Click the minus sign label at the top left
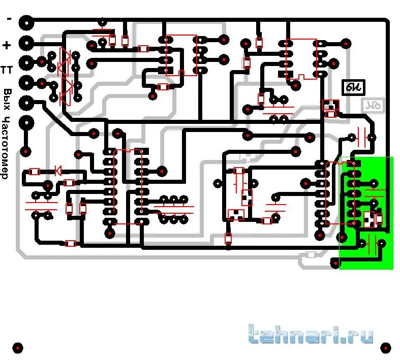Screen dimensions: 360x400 (x=9, y=19)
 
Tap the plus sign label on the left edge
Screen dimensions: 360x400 (x=7, y=46)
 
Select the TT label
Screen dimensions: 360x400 (x=7, y=70)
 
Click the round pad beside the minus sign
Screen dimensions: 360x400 (x=26, y=22)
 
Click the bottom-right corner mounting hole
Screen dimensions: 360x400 (x=386, y=348)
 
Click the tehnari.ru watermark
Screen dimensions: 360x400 (x=311, y=335)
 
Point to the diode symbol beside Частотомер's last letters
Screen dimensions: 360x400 (x=57, y=171)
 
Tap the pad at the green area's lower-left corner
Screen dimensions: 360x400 (x=335, y=263)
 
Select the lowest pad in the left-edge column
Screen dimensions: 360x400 (x=26, y=151)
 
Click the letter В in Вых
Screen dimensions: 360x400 (x=7, y=92)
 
